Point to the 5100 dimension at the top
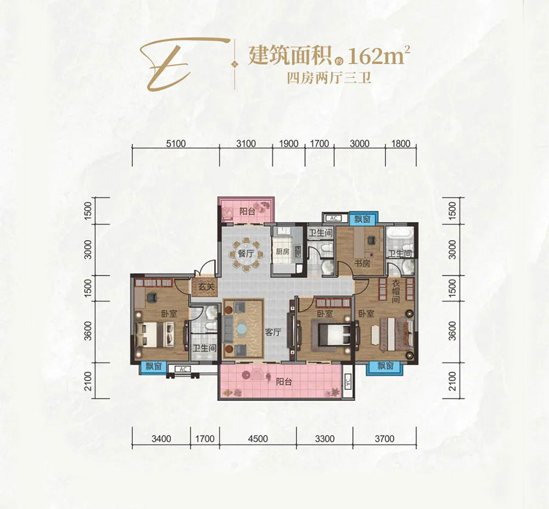tap(175, 144)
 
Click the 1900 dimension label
tap(289, 144)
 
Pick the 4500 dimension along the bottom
tap(257, 438)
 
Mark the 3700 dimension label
tap(384, 438)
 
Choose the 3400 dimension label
tap(161, 438)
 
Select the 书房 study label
tap(362, 264)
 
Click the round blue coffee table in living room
tap(242, 330)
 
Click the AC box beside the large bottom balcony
tap(347, 382)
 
